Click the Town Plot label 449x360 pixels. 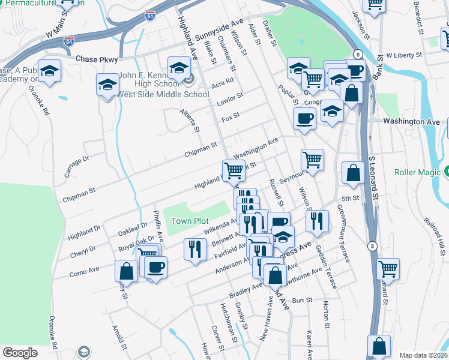(190, 221)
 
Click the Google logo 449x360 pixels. (20, 353)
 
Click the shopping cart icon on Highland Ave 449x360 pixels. (233, 170)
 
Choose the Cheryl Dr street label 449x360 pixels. (99, 254)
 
